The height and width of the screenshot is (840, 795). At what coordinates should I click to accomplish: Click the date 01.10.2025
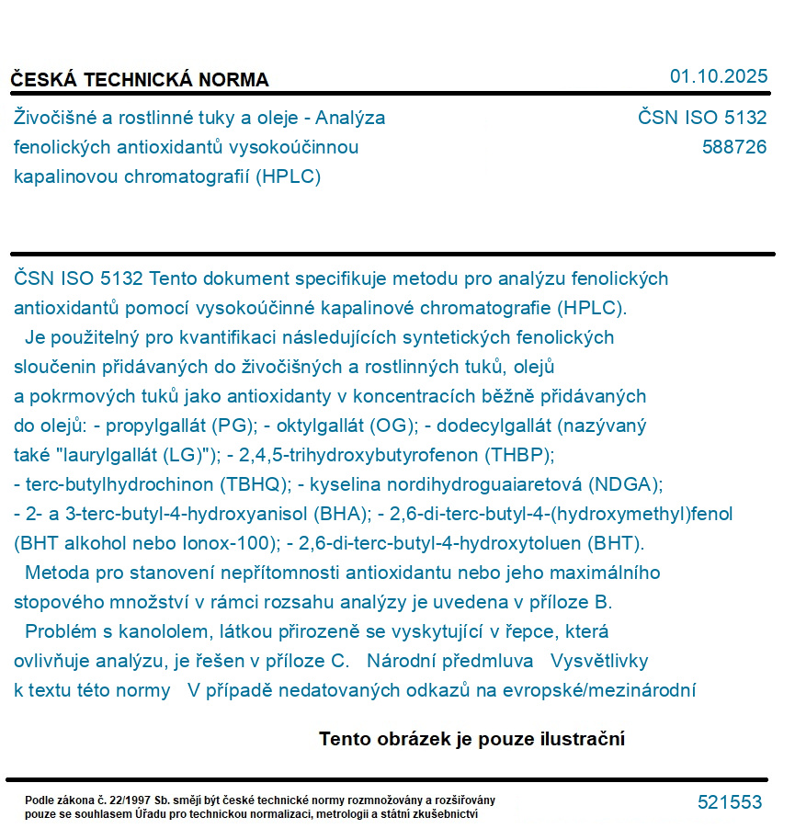pyautogui.click(x=719, y=76)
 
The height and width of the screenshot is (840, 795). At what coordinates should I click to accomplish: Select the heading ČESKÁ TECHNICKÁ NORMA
pyautogui.click(x=140, y=80)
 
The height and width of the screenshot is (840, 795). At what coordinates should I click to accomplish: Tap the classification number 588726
pyautogui.click(x=733, y=147)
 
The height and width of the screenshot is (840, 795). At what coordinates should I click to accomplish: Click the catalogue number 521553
pyautogui.click(x=730, y=802)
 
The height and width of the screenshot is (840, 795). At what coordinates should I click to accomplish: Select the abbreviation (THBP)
pyautogui.click(x=522, y=455)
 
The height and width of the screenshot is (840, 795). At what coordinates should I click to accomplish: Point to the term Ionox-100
pyautogui.click(x=228, y=543)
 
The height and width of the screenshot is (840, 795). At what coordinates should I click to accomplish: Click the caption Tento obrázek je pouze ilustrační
pyautogui.click(x=471, y=739)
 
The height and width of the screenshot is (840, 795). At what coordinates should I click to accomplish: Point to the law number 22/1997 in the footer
pyautogui.click(x=133, y=800)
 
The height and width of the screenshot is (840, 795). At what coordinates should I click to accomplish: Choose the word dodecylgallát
pyautogui.click(x=493, y=426)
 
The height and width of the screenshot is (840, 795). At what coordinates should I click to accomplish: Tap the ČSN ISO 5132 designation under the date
pyautogui.click(x=702, y=118)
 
